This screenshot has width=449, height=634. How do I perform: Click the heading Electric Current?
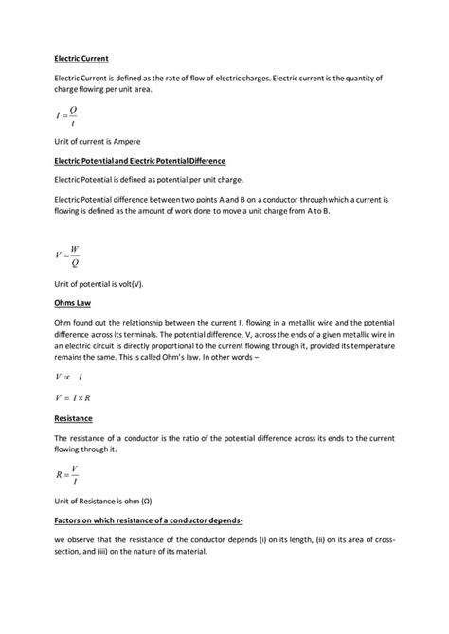click(x=81, y=58)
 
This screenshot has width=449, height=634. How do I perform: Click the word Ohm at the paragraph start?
click(x=64, y=323)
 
